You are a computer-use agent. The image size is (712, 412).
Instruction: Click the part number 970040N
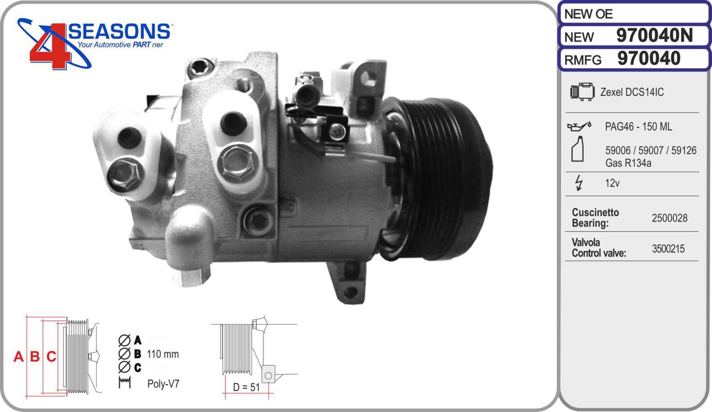coord(654,35)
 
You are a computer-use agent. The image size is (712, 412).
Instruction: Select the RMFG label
coord(583,60)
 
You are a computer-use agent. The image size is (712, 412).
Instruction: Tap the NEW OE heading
coord(588,14)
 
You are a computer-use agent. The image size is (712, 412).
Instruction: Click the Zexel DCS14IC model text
coord(632,92)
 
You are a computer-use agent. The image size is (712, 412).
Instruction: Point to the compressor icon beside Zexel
coord(583,92)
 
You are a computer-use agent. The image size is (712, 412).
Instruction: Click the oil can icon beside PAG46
coord(579,126)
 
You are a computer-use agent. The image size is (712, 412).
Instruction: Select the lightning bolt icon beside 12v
coord(579,183)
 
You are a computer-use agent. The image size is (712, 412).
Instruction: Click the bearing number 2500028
coord(670,218)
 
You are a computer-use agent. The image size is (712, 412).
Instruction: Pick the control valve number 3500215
coord(668,248)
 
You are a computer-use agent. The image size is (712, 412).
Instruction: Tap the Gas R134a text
coord(628,163)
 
